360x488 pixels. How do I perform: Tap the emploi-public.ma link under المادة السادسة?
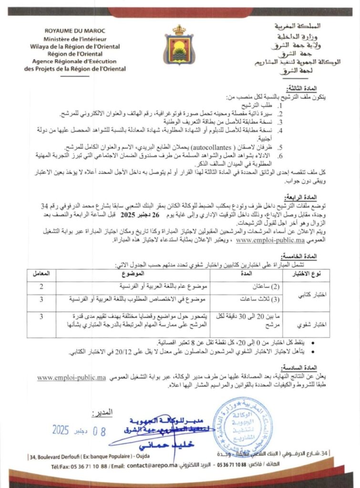[x=72, y=378]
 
